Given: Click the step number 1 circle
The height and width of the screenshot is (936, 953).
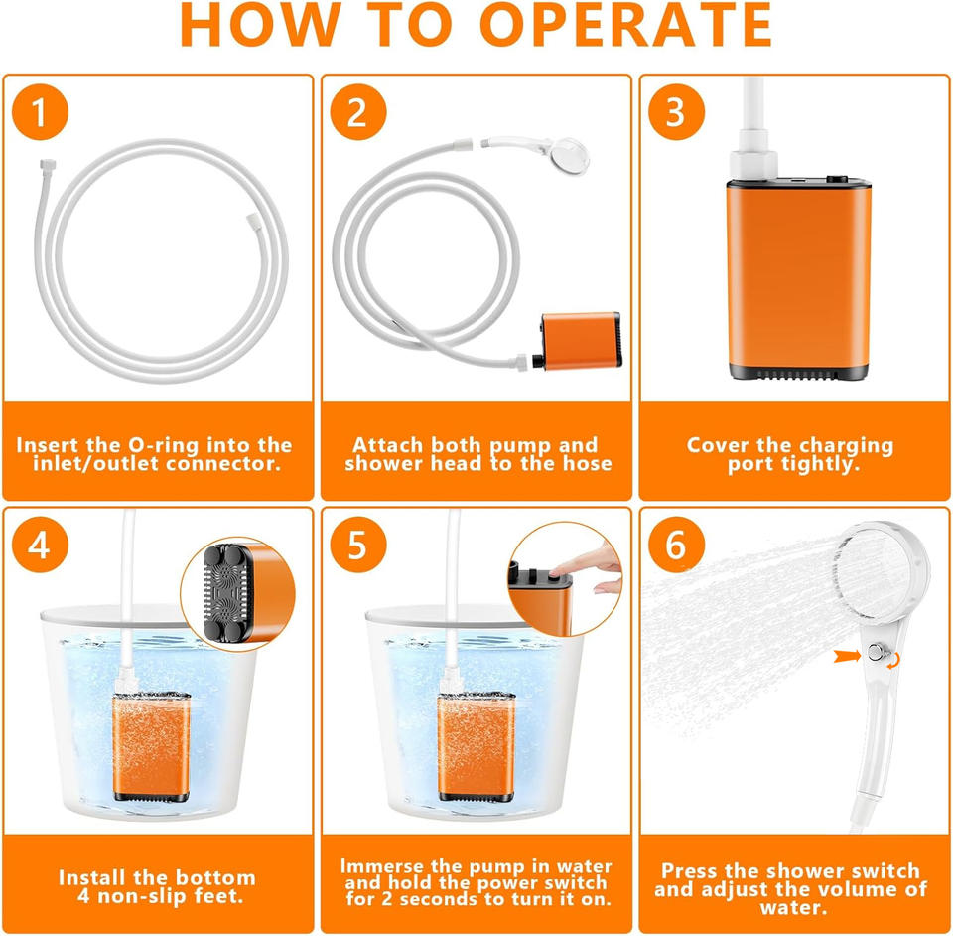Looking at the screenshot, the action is [40, 112].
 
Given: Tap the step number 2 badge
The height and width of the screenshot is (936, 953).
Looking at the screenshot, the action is [358, 112].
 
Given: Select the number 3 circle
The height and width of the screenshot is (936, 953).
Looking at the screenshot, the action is [676, 112].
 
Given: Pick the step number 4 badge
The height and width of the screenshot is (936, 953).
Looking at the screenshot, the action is [40, 545].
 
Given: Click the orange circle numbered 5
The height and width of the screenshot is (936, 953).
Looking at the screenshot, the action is [358, 545].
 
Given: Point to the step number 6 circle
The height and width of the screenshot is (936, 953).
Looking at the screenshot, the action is [676, 545].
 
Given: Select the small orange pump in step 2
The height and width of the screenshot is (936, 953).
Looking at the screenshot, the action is [581, 341].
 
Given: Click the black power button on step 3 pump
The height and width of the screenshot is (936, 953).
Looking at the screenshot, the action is [837, 180].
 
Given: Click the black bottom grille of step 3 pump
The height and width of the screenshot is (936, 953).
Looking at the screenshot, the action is [798, 373].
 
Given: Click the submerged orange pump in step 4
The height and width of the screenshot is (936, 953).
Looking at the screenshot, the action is [151, 746].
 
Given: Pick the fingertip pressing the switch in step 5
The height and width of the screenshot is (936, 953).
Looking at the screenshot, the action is [555, 572].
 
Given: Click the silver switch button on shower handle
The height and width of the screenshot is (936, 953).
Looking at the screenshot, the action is [875, 653].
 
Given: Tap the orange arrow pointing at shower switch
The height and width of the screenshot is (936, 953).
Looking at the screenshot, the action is [847, 656].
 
